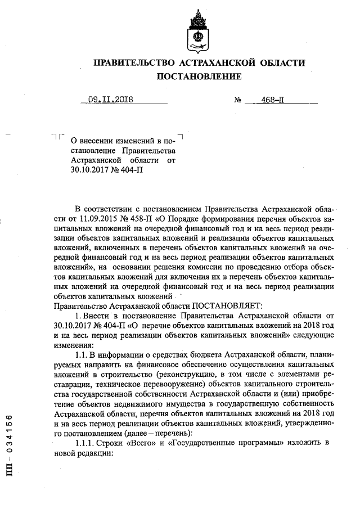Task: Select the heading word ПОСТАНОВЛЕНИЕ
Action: point(199,76)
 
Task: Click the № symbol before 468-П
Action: point(238,101)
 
